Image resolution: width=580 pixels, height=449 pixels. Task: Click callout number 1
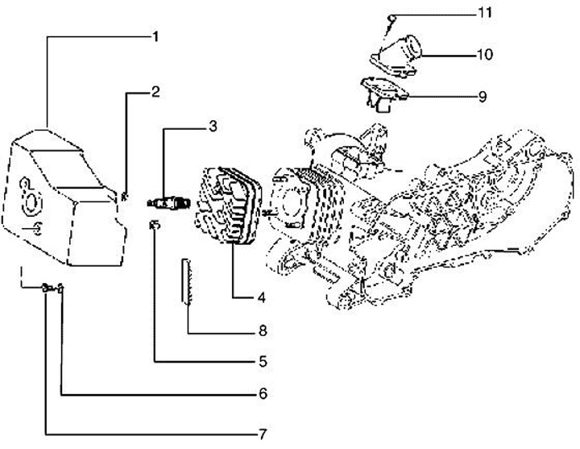point(155,36)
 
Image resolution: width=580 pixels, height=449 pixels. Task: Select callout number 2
point(156,92)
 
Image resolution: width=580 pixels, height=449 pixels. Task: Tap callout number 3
point(212,126)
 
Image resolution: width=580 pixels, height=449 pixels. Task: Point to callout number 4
point(261,297)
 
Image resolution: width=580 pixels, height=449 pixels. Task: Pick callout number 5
point(261,362)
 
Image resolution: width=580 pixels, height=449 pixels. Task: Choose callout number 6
point(261,394)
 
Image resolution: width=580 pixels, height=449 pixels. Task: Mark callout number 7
point(261,434)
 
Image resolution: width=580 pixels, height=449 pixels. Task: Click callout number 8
point(261,330)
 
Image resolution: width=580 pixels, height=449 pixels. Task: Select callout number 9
point(483,97)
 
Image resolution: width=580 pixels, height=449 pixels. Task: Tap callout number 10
point(484,55)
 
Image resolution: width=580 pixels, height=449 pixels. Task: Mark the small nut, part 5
point(153,223)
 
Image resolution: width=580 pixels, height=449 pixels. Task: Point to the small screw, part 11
point(387,19)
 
